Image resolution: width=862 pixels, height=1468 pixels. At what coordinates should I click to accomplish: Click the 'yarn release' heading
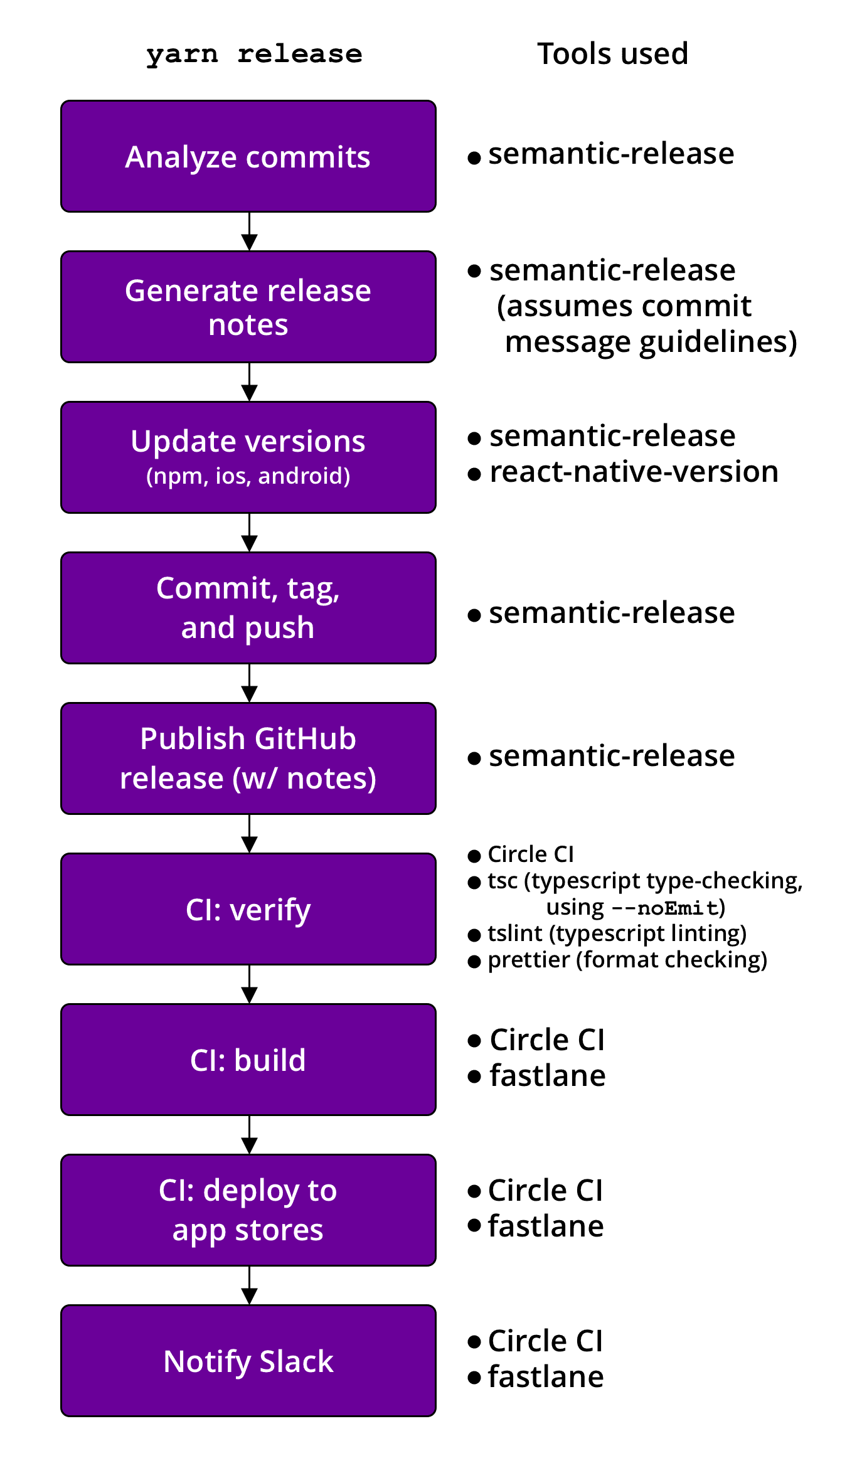(254, 55)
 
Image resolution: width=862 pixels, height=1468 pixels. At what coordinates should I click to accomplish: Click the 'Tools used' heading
(612, 54)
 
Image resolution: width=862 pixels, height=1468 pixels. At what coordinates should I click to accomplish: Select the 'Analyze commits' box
(248, 156)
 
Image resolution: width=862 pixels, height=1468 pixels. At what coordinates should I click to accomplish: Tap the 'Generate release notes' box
(248, 307)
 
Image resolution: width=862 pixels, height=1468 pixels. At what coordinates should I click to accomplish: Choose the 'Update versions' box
(248, 457)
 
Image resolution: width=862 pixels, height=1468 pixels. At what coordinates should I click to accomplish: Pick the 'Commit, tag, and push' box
(248, 608)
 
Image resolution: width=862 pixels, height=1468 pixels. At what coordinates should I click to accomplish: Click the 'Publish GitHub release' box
(248, 758)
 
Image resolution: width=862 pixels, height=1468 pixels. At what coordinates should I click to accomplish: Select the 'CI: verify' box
(248, 909)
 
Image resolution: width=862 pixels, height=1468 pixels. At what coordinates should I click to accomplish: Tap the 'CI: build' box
(248, 1060)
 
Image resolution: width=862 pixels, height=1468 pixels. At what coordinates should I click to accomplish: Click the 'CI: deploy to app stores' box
(248, 1210)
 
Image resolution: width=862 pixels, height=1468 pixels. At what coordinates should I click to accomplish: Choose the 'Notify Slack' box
(248, 1361)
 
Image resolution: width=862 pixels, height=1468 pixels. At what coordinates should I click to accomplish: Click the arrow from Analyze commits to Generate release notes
(250, 232)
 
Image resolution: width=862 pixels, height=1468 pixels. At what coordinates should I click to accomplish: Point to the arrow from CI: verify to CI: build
(250, 985)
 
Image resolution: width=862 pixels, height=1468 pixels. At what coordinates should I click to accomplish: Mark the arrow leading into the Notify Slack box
(250, 1286)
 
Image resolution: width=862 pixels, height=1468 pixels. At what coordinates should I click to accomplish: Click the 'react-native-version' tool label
(634, 472)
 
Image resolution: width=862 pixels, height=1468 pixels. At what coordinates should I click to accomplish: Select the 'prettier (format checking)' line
(627, 960)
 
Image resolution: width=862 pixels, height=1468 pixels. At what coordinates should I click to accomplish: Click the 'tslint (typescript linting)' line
(617, 933)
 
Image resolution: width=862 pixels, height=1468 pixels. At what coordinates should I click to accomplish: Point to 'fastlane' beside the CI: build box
(548, 1076)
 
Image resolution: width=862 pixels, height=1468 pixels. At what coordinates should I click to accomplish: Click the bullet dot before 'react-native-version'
(474, 474)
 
